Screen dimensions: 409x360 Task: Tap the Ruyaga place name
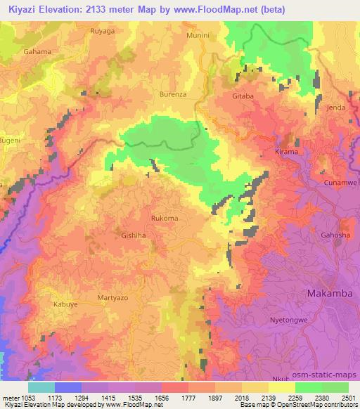(x=103, y=32)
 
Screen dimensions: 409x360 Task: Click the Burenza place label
(x=172, y=93)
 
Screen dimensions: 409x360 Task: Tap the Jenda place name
(x=336, y=108)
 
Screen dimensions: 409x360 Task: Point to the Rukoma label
(x=164, y=219)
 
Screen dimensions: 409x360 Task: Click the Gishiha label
(x=135, y=237)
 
